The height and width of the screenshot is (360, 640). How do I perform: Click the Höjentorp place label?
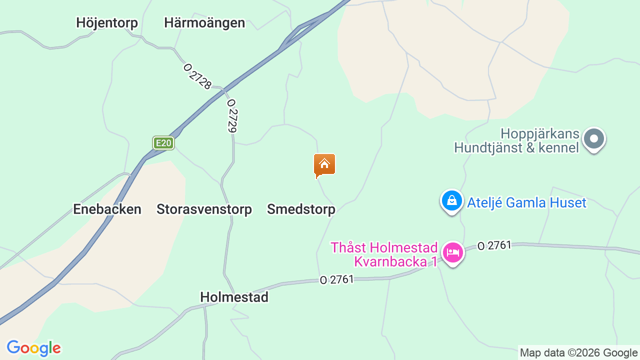click(x=107, y=22)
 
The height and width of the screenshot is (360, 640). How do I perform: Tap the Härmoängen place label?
click(x=204, y=22)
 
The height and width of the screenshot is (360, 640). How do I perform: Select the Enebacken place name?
click(x=107, y=209)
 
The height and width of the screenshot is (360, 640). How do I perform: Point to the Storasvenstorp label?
click(x=204, y=209)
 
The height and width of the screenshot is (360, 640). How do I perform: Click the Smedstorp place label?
click(x=301, y=209)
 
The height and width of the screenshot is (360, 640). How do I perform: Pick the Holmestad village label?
click(x=234, y=297)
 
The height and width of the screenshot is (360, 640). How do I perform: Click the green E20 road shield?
click(x=163, y=143)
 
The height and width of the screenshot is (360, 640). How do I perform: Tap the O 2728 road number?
click(x=197, y=76)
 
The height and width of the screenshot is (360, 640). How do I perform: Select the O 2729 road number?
click(x=231, y=115)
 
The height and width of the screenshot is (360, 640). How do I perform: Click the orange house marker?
click(x=324, y=165)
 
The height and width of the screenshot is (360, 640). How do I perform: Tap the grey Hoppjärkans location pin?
click(x=594, y=138)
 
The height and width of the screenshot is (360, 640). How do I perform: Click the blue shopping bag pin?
click(x=452, y=201)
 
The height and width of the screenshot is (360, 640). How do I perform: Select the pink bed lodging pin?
click(x=453, y=252)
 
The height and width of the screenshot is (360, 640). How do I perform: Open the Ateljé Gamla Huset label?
click(x=526, y=202)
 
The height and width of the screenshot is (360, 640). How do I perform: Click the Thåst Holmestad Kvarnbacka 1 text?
click(x=384, y=254)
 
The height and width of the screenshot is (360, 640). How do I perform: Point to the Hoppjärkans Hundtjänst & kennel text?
click(x=516, y=140)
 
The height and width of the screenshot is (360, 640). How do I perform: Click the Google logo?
click(x=33, y=348)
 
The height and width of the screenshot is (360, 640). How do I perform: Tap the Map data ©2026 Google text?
click(x=578, y=352)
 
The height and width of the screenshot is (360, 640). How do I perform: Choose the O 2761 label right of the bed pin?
click(x=494, y=245)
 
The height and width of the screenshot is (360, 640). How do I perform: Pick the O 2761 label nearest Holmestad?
click(x=336, y=279)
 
